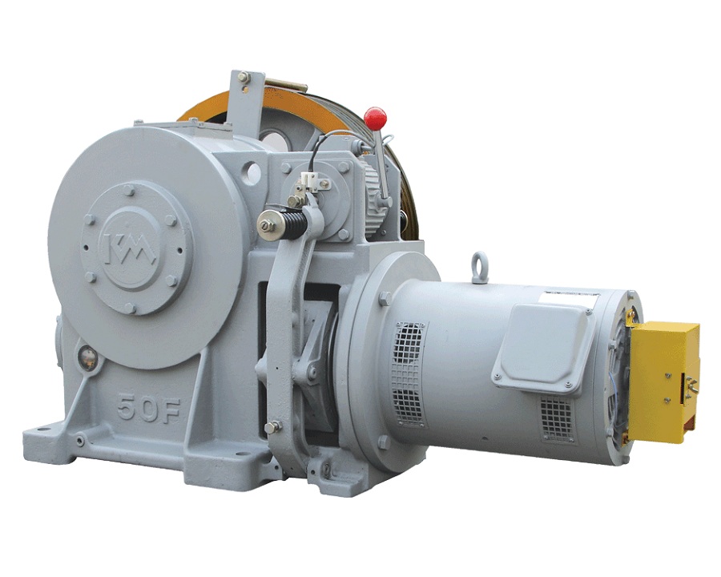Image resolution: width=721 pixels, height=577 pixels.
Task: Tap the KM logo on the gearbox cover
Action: coord(130,247)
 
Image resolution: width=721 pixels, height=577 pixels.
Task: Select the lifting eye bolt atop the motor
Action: coord(479,264)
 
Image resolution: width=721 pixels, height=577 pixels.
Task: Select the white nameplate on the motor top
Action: coord(568,298)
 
